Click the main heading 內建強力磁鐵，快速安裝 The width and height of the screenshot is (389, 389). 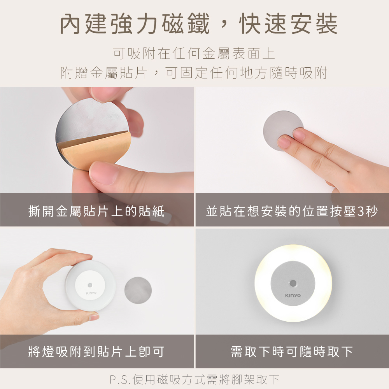(199, 24)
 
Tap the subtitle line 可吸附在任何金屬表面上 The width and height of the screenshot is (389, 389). (194, 53)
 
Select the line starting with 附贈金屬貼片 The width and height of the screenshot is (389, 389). (194, 73)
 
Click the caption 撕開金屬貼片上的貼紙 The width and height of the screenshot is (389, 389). (96, 211)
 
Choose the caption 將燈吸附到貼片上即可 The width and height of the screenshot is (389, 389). (96, 352)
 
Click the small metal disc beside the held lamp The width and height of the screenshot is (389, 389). (138, 290)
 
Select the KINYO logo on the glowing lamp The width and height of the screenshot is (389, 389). (293, 296)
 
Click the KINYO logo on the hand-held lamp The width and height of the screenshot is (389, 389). (91, 293)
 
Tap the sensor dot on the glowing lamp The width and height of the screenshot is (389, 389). (293, 283)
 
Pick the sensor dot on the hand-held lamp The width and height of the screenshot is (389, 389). (90, 285)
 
